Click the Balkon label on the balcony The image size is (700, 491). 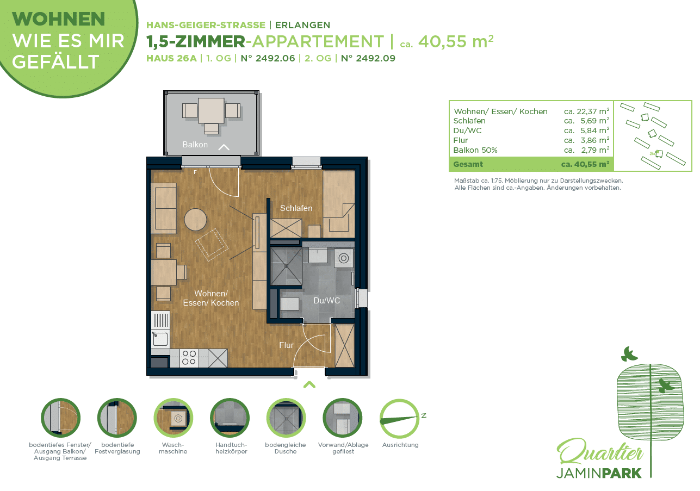pyautogui.click(x=195, y=145)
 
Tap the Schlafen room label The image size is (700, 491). pyautogui.click(x=296, y=208)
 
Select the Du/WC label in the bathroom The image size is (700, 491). pyautogui.click(x=326, y=301)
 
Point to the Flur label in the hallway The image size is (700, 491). pyautogui.click(x=286, y=345)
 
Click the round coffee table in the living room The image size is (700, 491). pyautogui.click(x=195, y=220)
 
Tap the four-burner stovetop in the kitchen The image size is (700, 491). pyautogui.click(x=189, y=358)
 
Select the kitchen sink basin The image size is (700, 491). pyautogui.click(x=160, y=339)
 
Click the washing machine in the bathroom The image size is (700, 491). pyautogui.click(x=344, y=258)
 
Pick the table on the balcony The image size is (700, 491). pyautogui.click(x=211, y=110)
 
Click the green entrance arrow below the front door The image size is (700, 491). pyautogui.click(x=309, y=384)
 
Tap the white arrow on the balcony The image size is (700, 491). pyautogui.click(x=224, y=147)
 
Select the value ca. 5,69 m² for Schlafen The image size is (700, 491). pyautogui.click(x=586, y=121)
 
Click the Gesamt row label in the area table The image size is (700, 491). pyautogui.click(x=468, y=164)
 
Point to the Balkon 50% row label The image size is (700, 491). pyautogui.click(x=475, y=150)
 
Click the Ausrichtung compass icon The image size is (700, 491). pyautogui.click(x=399, y=419)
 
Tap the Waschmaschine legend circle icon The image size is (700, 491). pyautogui.click(x=173, y=418)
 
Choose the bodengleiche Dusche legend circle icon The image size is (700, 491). pyautogui.click(x=286, y=418)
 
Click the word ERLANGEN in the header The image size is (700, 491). pyautogui.click(x=302, y=25)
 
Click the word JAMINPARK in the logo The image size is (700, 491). pyautogui.click(x=599, y=473)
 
